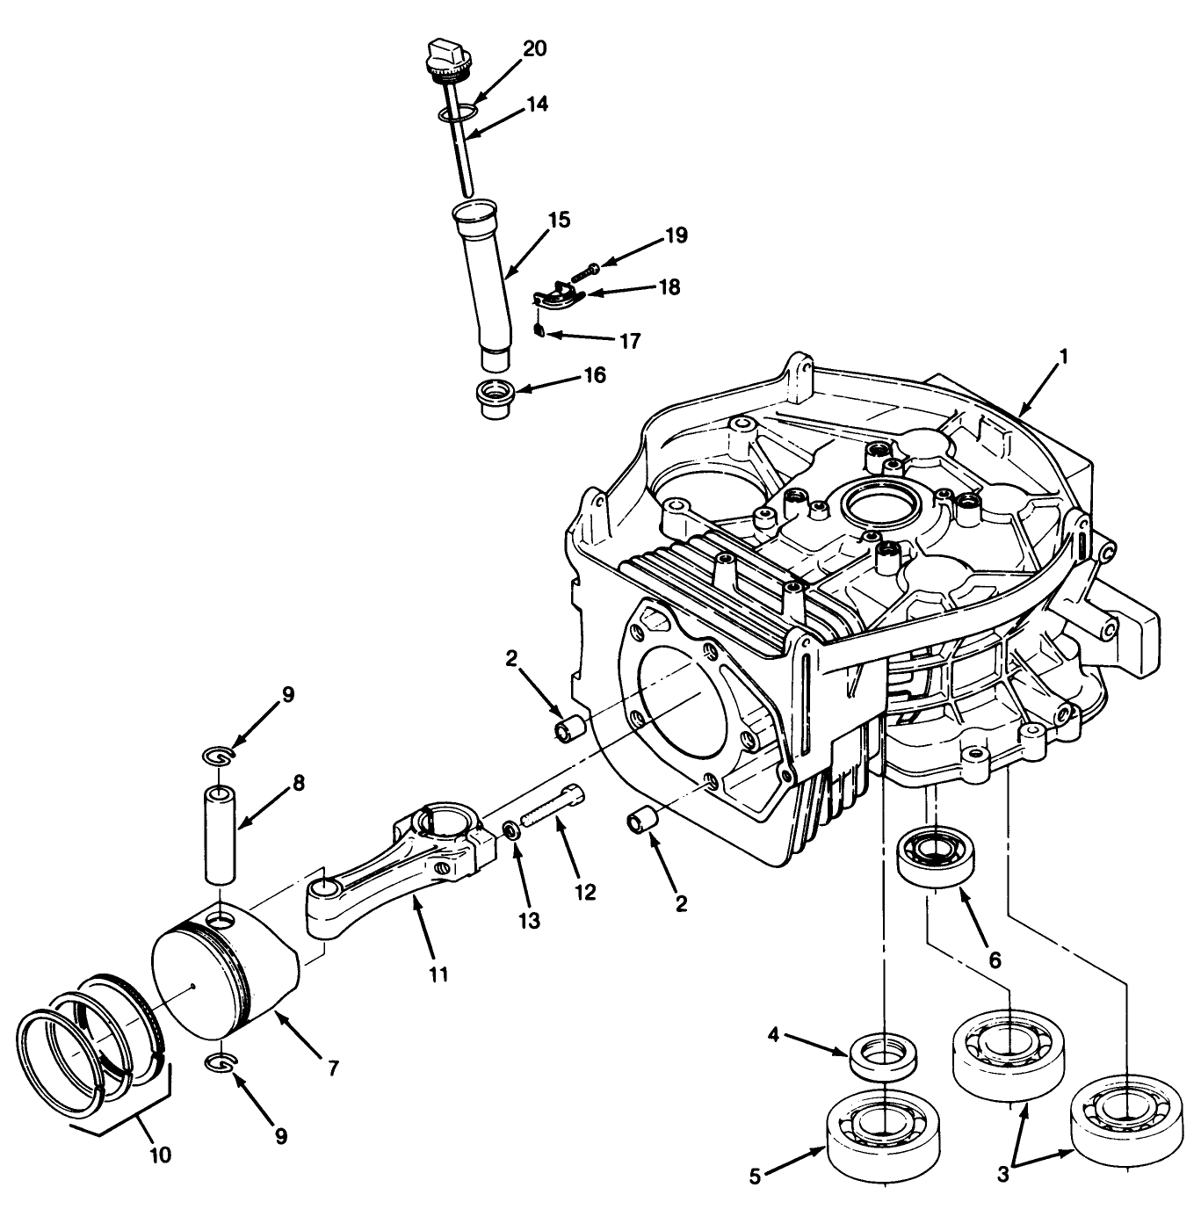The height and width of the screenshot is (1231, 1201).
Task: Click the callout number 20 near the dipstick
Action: pyautogui.click(x=533, y=48)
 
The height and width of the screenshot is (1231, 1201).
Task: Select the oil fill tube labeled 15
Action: pyautogui.click(x=484, y=281)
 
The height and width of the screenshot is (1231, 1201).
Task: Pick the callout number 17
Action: pyautogui.click(x=630, y=341)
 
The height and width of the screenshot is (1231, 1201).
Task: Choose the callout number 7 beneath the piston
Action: pyautogui.click(x=333, y=1068)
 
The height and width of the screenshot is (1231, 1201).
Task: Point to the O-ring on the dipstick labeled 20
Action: pyautogui.click(x=457, y=113)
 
